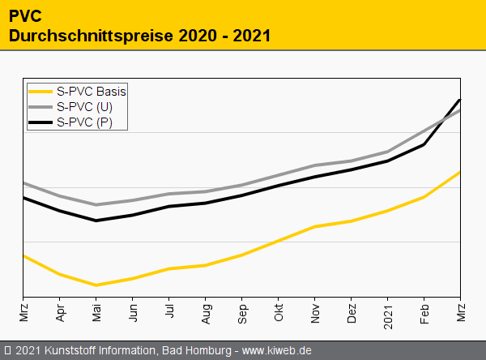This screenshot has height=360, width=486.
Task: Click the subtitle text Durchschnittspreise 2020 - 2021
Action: pos(139,36)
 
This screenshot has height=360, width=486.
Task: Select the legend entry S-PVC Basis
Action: pos(92,91)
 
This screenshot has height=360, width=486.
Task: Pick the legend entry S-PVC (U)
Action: pos(85,107)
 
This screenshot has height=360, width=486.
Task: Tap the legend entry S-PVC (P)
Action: pos(85,122)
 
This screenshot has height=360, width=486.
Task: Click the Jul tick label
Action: pos(169,312)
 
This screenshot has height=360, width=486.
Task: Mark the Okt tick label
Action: pos(279,313)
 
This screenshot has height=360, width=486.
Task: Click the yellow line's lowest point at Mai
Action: pos(96,285)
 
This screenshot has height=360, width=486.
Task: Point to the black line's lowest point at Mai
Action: pos(96,221)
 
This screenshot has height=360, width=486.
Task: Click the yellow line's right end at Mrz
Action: pos(460,173)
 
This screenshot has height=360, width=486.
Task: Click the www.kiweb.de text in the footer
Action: pos(277,350)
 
